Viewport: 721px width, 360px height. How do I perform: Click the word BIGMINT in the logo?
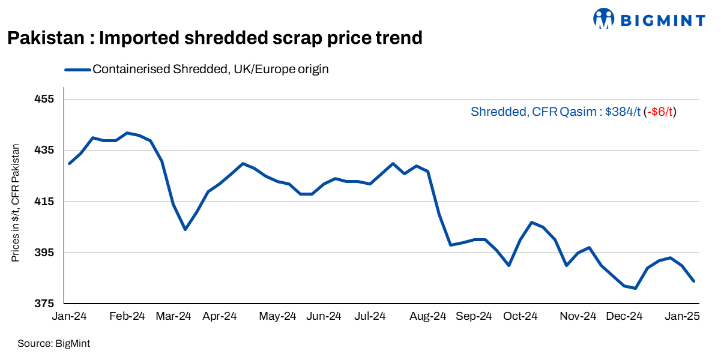coord(662,20)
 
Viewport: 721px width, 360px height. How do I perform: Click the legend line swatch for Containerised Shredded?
coord(77,69)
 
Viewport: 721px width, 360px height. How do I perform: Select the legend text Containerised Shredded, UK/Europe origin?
coord(210,69)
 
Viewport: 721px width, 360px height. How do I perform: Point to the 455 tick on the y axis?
coord(46,99)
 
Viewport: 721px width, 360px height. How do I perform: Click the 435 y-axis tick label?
coord(46,150)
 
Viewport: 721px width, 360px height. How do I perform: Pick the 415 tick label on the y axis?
coord(46,201)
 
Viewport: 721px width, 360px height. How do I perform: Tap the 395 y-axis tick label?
coord(46,252)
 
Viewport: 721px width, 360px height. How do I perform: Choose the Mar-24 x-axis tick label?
coord(174,316)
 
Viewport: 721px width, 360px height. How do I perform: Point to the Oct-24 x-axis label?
coord(520,316)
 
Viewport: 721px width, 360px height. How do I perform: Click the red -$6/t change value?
coord(660,112)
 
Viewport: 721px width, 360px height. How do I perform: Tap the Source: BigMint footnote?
coord(53,344)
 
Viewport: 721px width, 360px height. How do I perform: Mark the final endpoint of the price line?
coord(694,281)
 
